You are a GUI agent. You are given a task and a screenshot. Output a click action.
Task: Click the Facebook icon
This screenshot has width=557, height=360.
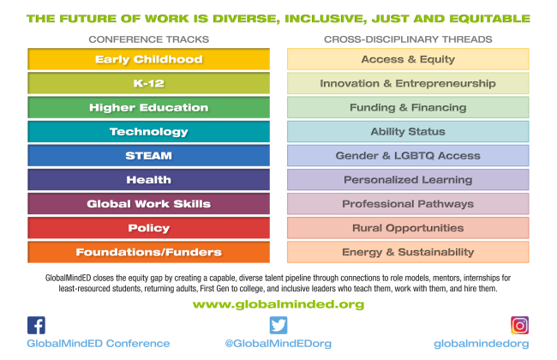coord(36,325)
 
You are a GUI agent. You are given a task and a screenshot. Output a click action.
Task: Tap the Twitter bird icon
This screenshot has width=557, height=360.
coord(278,325)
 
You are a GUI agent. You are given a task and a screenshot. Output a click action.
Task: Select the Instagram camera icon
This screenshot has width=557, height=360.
coord(519,325)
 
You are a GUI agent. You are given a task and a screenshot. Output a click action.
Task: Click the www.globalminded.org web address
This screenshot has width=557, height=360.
coord(278,304)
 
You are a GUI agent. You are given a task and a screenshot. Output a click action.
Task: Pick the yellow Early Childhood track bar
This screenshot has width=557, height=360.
coord(148,59)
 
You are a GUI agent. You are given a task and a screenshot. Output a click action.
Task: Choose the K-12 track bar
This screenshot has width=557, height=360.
coord(148,83)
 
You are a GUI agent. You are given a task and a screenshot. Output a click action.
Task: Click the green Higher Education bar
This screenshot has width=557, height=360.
coord(148,107)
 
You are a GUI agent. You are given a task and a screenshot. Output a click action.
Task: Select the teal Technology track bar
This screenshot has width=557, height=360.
coord(148,131)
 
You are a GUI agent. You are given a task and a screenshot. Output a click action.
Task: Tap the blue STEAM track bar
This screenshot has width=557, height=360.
coord(148,156)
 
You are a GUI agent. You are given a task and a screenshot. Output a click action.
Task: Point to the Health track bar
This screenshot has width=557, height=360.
coord(148,180)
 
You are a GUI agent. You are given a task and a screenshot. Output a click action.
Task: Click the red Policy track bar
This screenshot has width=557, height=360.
coord(148,228)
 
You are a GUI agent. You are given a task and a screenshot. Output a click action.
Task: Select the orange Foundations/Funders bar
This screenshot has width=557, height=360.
coord(148,252)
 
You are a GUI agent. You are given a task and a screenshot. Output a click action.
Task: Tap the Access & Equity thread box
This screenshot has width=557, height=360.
coord(408,59)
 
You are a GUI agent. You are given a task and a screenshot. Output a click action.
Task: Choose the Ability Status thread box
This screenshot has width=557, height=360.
coord(408,131)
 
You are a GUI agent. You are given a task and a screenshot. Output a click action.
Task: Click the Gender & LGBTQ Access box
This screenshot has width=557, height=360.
coord(408,156)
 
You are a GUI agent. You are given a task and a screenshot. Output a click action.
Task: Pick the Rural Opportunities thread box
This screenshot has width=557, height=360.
coord(408,228)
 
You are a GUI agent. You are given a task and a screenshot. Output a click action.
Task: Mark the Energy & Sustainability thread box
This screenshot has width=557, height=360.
coord(408,252)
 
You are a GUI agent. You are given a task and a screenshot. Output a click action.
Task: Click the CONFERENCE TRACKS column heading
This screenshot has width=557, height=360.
coord(149,39)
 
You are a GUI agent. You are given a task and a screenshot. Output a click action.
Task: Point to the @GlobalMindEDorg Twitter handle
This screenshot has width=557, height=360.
coord(278,344)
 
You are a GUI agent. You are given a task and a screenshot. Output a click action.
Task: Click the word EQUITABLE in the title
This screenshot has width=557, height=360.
coord(489,19)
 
